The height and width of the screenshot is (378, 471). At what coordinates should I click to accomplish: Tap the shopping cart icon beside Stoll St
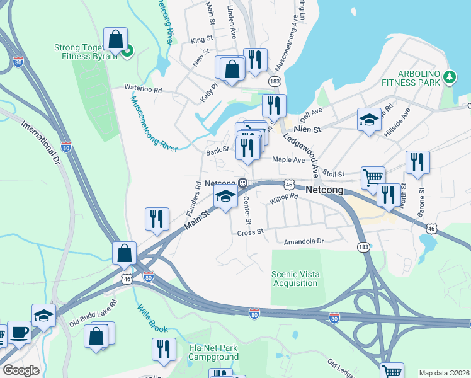[373, 178]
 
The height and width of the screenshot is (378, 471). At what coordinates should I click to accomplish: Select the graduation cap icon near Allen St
[369, 120]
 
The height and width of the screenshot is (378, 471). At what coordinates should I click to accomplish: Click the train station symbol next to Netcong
[242, 183]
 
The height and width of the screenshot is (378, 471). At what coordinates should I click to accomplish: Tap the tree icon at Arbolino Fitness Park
[449, 77]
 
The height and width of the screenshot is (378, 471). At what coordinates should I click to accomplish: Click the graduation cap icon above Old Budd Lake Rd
[43, 314]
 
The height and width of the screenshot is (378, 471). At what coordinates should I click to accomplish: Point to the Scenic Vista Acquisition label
[294, 278]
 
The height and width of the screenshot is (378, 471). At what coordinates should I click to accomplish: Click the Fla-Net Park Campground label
[205, 352]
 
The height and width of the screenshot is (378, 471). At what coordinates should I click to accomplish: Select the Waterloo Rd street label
[143, 90]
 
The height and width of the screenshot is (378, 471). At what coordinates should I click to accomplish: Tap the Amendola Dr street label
[304, 241]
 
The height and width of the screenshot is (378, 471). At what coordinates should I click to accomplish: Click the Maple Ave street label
[288, 159]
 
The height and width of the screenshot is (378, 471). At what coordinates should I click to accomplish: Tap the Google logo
[21, 370]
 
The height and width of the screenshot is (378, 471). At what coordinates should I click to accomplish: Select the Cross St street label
[249, 232]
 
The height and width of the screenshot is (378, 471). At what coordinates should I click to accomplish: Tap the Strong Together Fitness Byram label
[86, 52]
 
